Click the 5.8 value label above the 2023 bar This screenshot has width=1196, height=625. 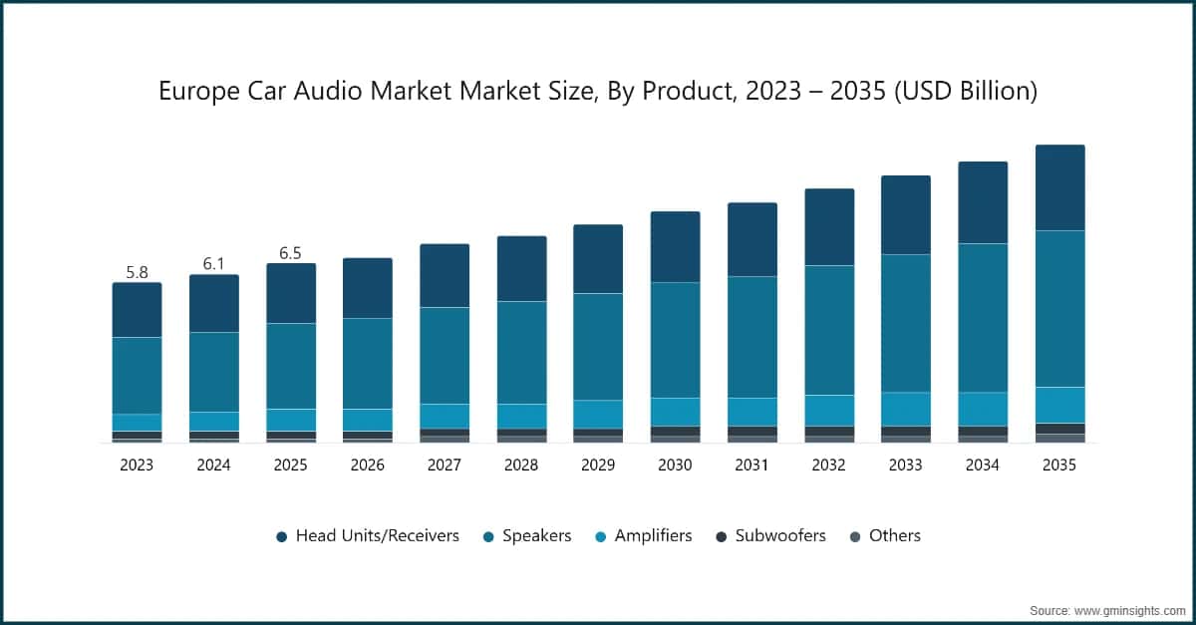point(137,271)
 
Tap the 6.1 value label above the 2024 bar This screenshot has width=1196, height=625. point(213,263)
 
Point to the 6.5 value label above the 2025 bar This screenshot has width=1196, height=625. point(290,253)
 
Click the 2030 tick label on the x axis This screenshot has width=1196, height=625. point(675,465)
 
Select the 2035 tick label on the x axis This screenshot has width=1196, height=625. point(1058,465)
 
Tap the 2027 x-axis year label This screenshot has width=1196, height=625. point(445,465)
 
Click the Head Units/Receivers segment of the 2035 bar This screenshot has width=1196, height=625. point(1059,187)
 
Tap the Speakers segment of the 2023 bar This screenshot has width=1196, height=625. point(137,375)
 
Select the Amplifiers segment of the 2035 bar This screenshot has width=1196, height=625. point(1059,405)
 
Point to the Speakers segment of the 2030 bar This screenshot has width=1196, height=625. point(675,340)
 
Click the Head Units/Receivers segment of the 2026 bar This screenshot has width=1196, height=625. point(368,288)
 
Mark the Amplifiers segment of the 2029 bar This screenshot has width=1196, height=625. point(598,414)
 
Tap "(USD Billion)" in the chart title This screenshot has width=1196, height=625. point(966,92)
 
